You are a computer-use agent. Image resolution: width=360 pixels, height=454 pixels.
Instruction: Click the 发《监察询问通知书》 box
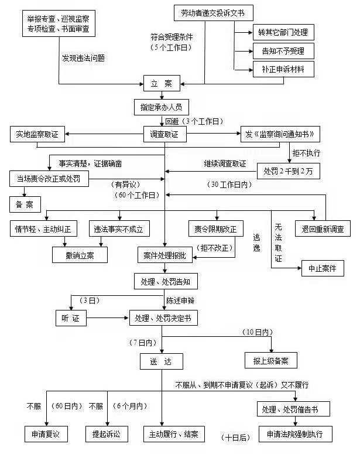(280, 134)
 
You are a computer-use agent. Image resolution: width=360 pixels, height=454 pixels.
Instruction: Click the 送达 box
(161, 361)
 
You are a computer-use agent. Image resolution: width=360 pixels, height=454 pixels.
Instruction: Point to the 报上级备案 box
(270, 360)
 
